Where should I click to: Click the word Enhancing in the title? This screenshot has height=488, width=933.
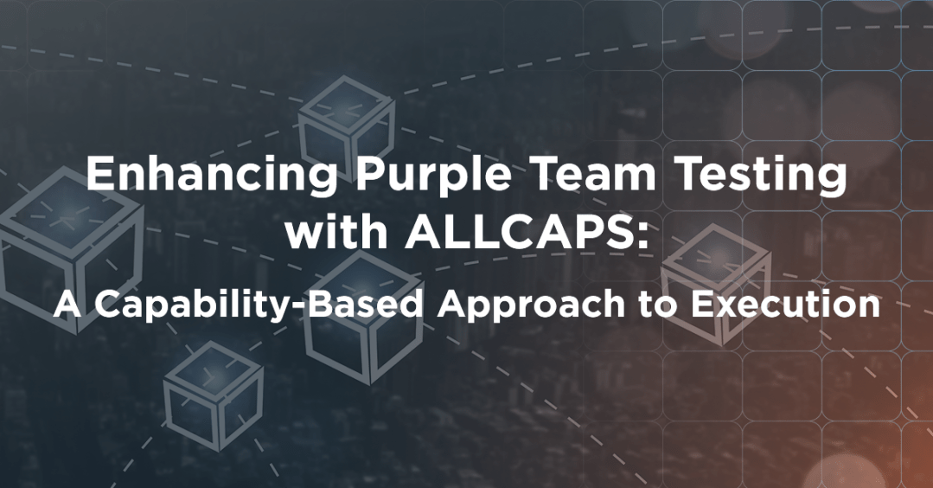point(210,177)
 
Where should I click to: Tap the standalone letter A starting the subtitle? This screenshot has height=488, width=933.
point(67,304)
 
